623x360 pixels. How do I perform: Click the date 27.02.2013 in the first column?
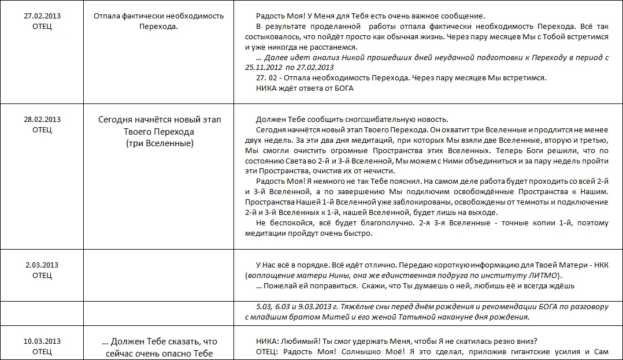coord(42,16)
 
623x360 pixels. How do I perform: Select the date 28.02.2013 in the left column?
coord(42,120)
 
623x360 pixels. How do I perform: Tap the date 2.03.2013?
coord(42,265)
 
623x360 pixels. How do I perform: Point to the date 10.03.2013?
coord(42,341)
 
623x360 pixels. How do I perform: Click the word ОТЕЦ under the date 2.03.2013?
coord(42,276)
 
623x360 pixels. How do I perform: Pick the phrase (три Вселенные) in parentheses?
coord(160,143)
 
